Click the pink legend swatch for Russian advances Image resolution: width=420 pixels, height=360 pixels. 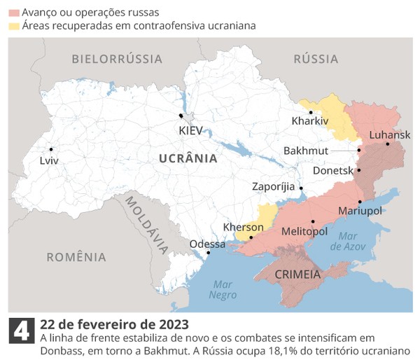(14, 13)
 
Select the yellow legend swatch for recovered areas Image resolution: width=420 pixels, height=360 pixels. (14, 26)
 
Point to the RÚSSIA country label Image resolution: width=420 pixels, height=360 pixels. (316, 59)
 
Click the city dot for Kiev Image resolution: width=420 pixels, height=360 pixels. (181, 116)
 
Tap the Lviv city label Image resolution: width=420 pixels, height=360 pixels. (49, 160)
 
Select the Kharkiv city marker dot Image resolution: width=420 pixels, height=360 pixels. (311, 112)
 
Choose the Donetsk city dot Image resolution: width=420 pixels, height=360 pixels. (358, 169)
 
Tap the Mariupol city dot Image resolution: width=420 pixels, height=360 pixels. (360, 202)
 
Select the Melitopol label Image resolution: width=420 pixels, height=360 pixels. (304, 230)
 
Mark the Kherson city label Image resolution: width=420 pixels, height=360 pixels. (243, 227)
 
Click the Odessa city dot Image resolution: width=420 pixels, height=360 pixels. (208, 254)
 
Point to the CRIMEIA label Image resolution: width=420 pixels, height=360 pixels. (297, 274)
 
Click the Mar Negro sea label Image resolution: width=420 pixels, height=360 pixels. (223, 289)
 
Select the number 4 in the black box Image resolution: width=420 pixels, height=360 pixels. (21, 331)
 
